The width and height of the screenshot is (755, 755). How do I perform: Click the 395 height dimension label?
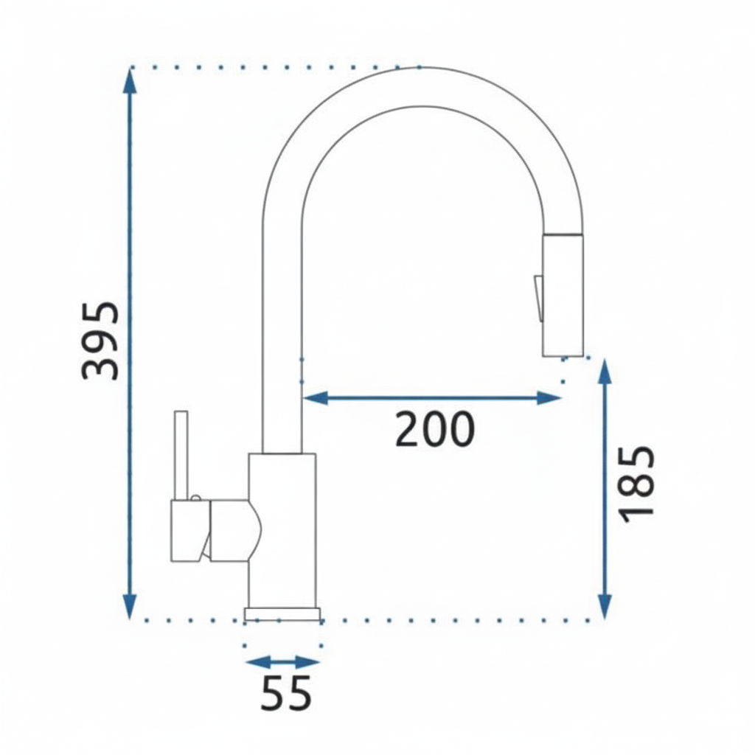tap(100, 341)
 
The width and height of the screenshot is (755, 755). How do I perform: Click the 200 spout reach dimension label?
tap(435, 430)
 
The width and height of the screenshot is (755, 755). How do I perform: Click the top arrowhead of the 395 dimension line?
tap(130, 81)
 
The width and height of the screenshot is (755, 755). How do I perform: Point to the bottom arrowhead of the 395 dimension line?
tap(130, 607)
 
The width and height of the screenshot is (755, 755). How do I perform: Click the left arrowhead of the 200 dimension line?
tap(315, 398)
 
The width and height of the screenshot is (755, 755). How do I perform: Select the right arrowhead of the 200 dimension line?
tap(549, 398)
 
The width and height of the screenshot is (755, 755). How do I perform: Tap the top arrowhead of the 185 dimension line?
tap(605, 372)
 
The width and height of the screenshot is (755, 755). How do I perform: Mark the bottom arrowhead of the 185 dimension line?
tap(605, 607)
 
